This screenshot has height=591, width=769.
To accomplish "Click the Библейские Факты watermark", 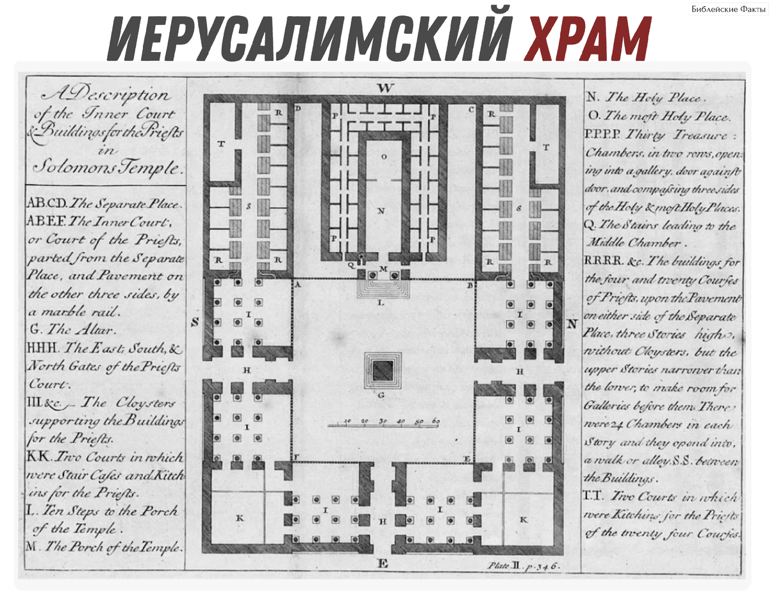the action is [728, 9].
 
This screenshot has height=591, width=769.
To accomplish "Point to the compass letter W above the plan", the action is [384, 88].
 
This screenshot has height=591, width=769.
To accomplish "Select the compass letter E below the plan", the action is [383, 563].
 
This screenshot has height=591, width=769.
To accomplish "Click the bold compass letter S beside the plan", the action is [195, 322].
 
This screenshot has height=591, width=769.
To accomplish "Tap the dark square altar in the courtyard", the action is [383, 369].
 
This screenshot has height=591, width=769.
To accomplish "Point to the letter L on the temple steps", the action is [381, 303].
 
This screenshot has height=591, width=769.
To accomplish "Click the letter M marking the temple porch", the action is [384, 269].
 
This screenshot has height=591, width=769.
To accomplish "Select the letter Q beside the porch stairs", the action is [351, 263].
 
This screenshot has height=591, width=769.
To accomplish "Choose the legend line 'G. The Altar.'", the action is [72, 331].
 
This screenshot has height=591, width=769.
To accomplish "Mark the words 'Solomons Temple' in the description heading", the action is [105, 169].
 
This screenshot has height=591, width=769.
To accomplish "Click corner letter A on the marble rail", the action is [297, 284].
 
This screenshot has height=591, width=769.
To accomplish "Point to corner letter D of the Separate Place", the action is [298, 109].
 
